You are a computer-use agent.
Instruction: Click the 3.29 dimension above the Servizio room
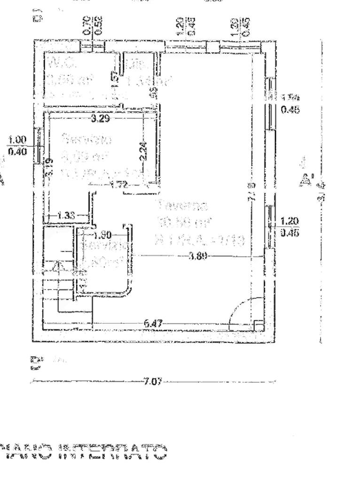[100, 119]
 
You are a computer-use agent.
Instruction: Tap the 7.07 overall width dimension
[153, 381]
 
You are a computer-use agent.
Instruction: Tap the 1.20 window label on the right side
[290, 221]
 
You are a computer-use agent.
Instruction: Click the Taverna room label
[177, 205]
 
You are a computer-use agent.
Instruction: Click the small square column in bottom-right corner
[258, 325]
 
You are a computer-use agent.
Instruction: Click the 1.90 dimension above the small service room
[102, 235]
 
